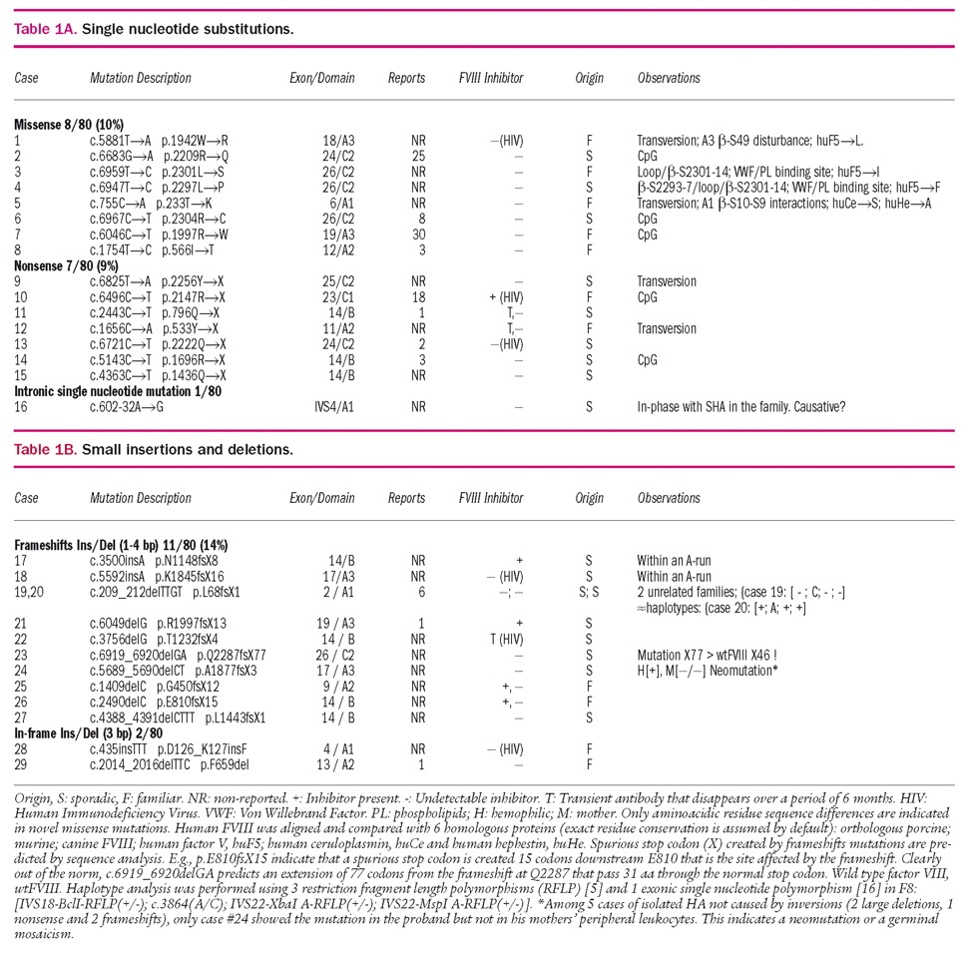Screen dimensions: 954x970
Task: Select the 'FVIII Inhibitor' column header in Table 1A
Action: pyautogui.click(x=491, y=78)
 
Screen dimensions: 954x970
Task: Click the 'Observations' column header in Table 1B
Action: pyautogui.click(x=669, y=498)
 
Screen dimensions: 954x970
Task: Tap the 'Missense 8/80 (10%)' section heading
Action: pyautogui.click(x=69, y=125)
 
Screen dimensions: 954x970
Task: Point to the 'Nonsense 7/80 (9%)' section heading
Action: pyautogui.click(x=66, y=266)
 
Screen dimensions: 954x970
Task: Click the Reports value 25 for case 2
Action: pyautogui.click(x=419, y=156)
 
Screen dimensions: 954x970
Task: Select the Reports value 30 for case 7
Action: pyautogui.click(x=419, y=235)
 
